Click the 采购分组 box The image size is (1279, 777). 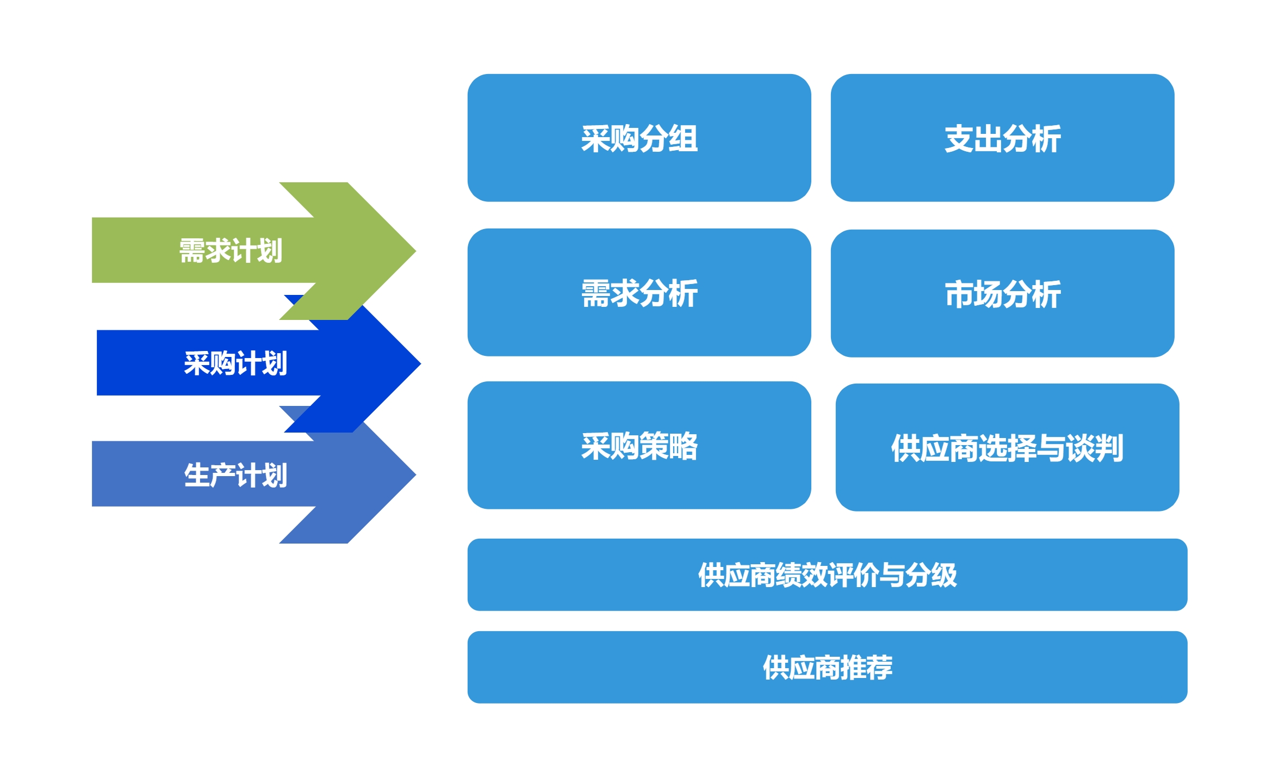(x=639, y=138)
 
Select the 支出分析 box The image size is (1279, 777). (x=1002, y=138)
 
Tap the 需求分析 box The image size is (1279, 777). (x=639, y=292)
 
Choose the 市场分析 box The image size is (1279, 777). (x=1002, y=293)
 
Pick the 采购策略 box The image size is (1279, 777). (x=639, y=445)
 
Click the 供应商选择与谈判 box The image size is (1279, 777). (x=1007, y=447)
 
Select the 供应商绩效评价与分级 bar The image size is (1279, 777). (x=827, y=575)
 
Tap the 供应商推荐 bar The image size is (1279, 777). (x=827, y=667)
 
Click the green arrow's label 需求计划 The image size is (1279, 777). (x=231, y=251)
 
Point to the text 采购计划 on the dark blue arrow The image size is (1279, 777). (x=235, y=363)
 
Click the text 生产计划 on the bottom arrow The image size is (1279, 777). (x=235, y=475)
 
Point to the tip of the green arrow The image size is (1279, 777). (x=415, y=251)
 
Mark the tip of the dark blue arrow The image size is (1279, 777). (x=420, y=363)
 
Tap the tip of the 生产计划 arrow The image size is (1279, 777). (x=415, y=474)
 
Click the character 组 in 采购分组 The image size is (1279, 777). (x=684, y=138)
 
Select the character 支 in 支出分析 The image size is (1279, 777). (x=959, y=138)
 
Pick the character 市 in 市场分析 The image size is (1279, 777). (x=959, y=294)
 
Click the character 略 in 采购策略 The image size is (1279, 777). (x=684, y=446)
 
